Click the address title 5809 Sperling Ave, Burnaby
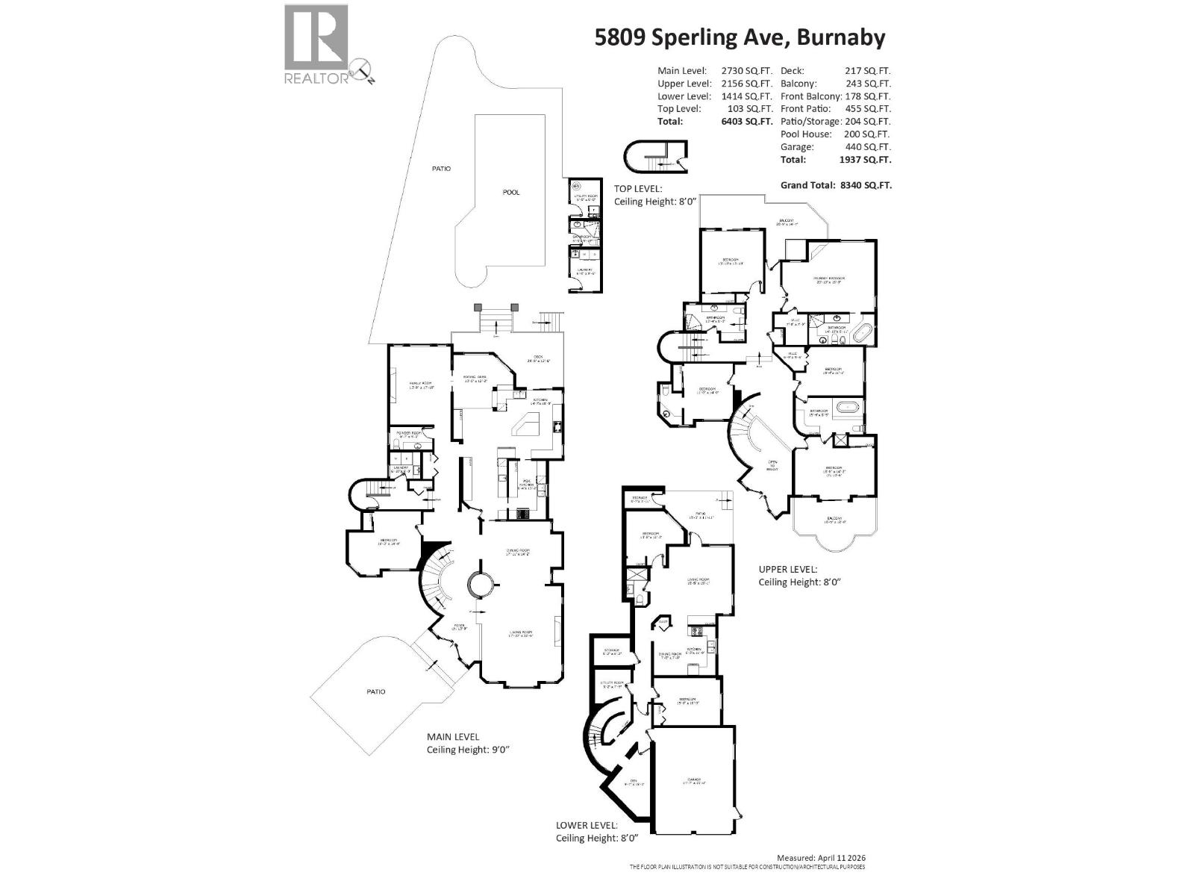(x=740, y=37)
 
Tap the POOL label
(x=511, y=192)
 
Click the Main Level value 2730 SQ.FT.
(x=746, y=71)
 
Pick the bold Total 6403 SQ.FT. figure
(x=746, y=121)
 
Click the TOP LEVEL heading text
(x=637, y=189)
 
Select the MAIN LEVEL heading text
(x=453, y=736)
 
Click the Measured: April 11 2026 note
(x=821, y=859)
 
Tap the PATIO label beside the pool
(x=441, y=169)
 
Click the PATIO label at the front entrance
(x=376, y=691)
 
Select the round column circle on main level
(x=479, y=584)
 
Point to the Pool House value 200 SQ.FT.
(x=868, y=134)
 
